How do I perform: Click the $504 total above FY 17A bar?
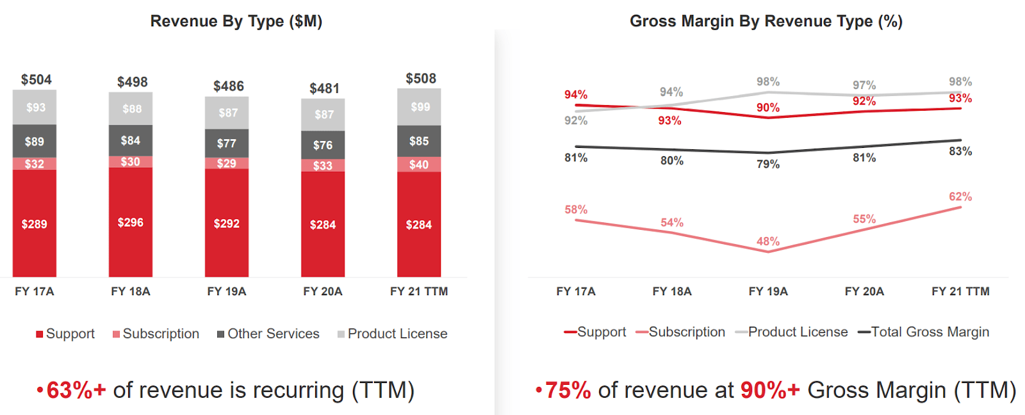click(x=36, y=79)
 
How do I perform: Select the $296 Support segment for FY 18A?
click(x=131, y=222)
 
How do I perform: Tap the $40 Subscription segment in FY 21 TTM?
click(x=419, y=165)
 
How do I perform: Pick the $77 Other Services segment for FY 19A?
click(x=226, y=143)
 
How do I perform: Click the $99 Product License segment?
click(x=420, y=107)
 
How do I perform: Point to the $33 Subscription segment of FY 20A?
click(x=323, y=166)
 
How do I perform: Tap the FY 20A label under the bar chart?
click(x=323, y=291)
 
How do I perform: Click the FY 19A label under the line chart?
click(x=768, y=291)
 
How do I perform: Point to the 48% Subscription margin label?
click(x=768, y=241)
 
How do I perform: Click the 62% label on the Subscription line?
click(x=960, y=197)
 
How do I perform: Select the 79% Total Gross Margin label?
click(x=768, y=164)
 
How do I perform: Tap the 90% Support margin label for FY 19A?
click(x=768, y=108)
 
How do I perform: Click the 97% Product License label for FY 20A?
click(x=864, y=85)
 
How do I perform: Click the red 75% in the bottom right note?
click(x=568, y=390)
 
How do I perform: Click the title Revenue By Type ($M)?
click(x=236, y=21)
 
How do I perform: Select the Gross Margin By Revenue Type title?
click(x=766, y=21)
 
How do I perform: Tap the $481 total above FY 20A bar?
click(x=324, y=88)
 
